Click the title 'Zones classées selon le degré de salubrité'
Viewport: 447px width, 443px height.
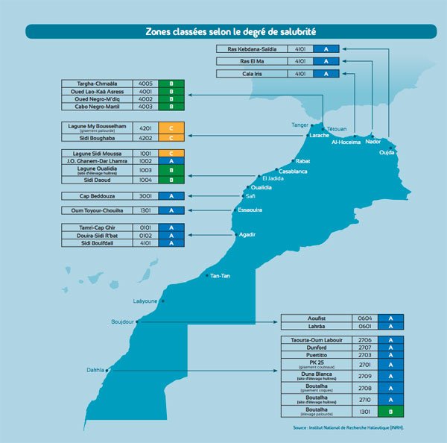coord(230,32)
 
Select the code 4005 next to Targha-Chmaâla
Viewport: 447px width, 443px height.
coord(145,83)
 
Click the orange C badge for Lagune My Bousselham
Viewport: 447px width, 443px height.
coord(171,128)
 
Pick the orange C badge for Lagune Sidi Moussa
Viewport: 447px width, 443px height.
coord(171,153)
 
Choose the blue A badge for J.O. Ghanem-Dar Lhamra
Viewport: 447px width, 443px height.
coord(171,161)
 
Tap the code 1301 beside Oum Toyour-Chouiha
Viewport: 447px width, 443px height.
coord(145,210)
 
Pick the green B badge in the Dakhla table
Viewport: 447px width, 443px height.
coord(390,410)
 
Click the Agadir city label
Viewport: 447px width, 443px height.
coord(247,234)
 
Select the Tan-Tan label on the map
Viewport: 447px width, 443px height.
coord(220,276)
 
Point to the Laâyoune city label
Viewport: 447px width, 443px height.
coord(145,301)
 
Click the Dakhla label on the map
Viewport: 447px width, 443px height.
coord(94,369)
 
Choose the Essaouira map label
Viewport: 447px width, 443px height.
coord(250,210)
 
